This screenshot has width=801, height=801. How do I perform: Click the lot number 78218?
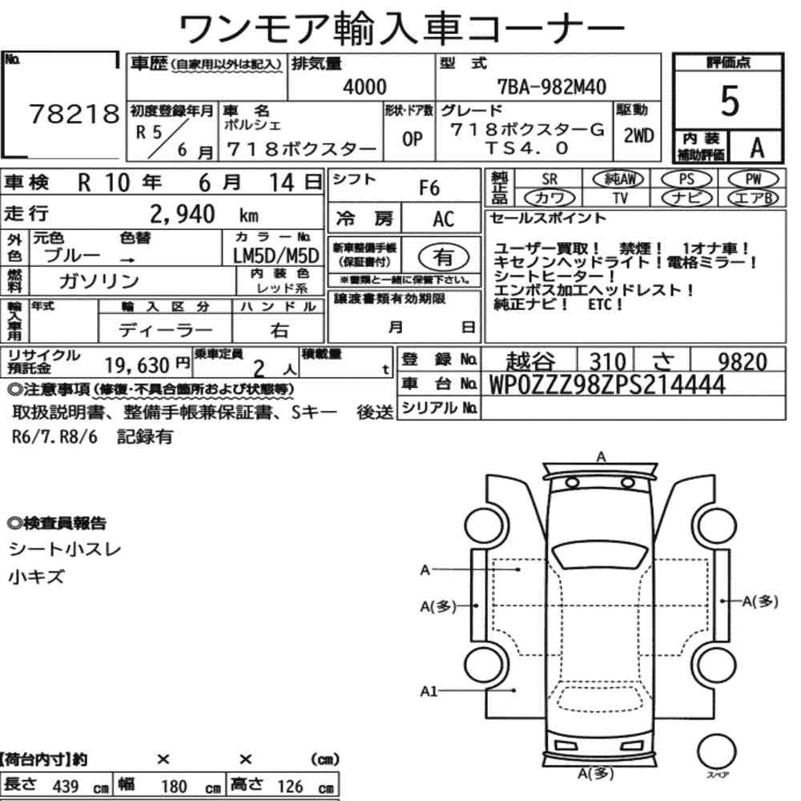pyautogui.click(x=74, y=114)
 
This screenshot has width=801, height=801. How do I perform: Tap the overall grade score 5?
pyautogui.click(x=730, y=101)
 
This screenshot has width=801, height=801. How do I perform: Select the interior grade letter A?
pyautogui.click(x=757, y=147)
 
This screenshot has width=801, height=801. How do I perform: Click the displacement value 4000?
pyautogui.click(x=364, y=87)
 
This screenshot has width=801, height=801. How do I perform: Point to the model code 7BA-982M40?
pyautogui.click(x=552, y=87)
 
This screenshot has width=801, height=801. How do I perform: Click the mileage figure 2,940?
pyautogui.click(x=183, y=214)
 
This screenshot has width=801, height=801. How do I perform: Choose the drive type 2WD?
pyautogui.click(x=638, y=135)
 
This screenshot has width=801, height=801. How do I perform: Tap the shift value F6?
pyautogui.click(x=429, y=188)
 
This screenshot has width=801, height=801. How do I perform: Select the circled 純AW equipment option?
pyautogui.click(x=619, y=179)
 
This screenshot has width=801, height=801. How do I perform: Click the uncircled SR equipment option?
pyautogui.click(x=549, y=179)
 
